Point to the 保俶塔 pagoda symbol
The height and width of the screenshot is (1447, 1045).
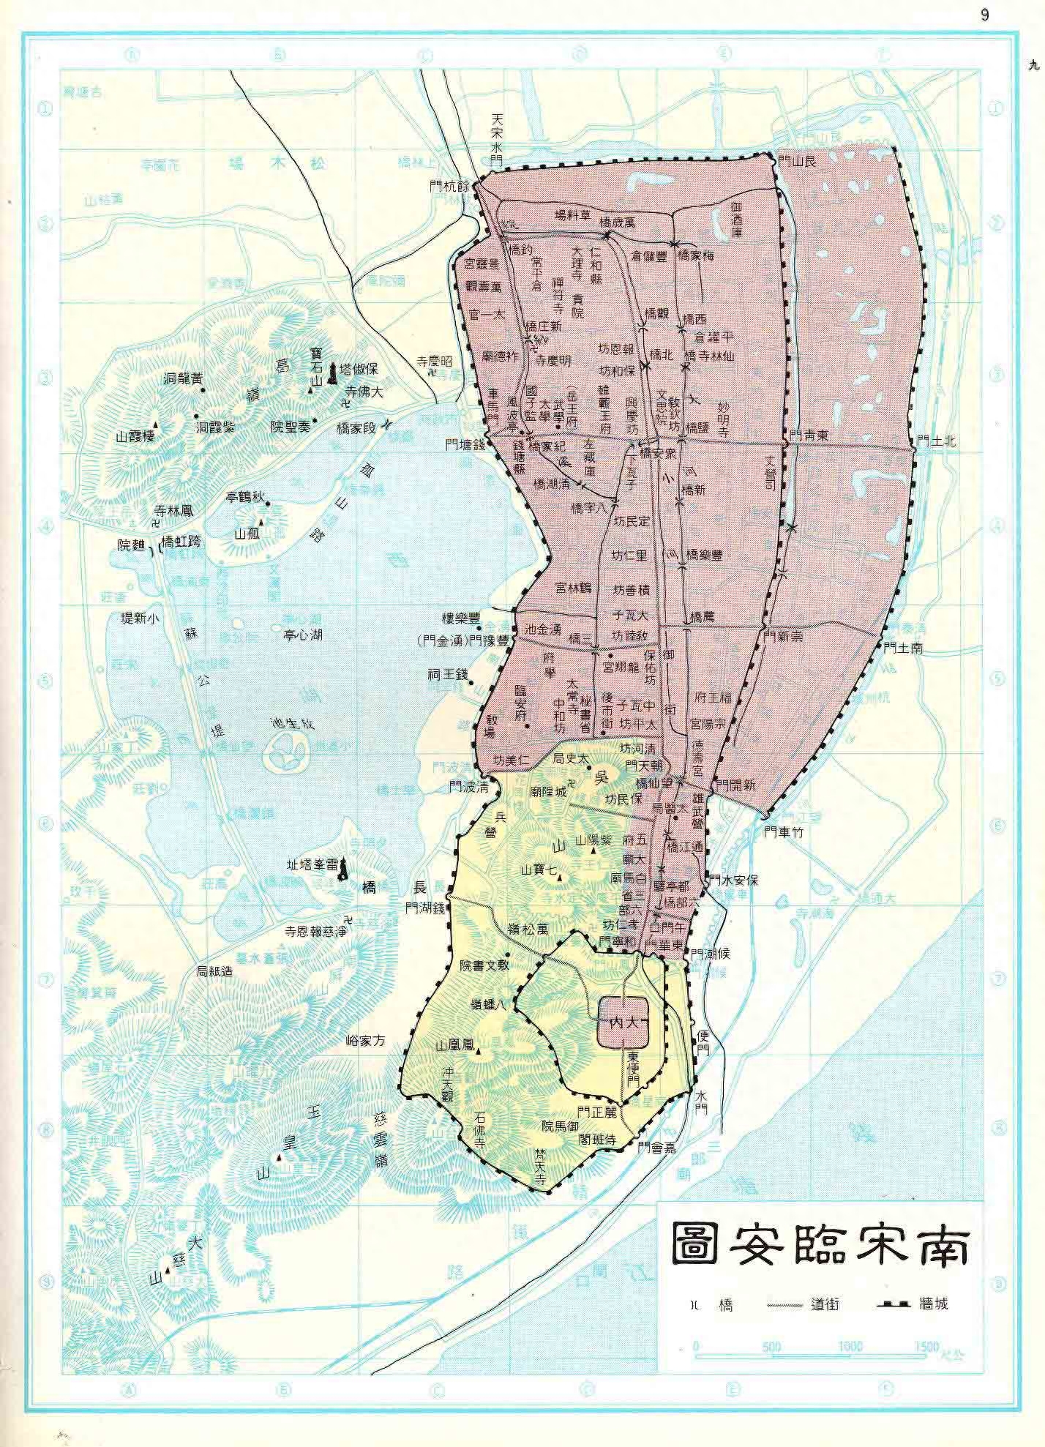pos(334,373)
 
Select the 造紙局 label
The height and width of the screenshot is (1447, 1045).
pos(215,971)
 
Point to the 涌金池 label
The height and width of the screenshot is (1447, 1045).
pos(543,629)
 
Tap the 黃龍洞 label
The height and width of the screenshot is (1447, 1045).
pos(182,378)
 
